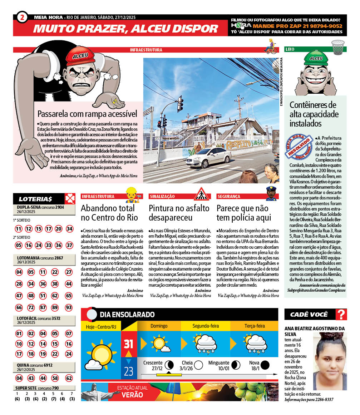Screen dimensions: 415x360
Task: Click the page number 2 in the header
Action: (x=22, y=17)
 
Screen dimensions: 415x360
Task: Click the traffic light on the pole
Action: (x=180, y=104)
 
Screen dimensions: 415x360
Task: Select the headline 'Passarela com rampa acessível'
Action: (x=87, y=114)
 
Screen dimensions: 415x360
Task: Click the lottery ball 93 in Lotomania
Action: (x=69, y=307)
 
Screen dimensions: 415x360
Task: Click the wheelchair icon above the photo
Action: (x=270, y=46)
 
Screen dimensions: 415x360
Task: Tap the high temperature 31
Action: (x=128, y=344)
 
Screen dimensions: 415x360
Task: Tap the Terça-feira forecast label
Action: (x=255, y=326)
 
